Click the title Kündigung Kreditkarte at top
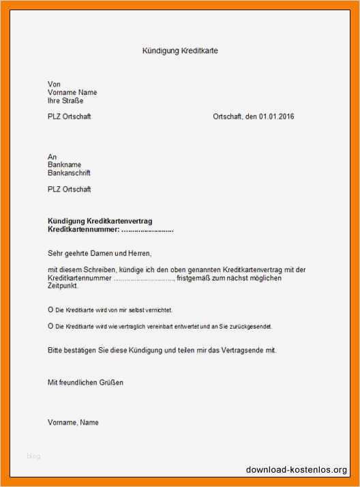tap(180, 51)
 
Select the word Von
tap(54, 84)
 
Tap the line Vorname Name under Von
tap(72, 92)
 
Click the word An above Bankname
tap(52, 157)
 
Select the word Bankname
tap(65, 165)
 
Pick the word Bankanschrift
tap(69, 173)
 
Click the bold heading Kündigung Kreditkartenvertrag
tap(100, 222)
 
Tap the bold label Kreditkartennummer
tap(78, 230)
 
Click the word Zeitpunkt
tap(63, 286)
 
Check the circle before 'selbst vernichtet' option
tap(50, 310)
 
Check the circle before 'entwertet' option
tap(50, 326)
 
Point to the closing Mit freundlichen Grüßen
tap(86, 383)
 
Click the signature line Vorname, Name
tap(73, 422)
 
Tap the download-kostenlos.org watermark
tap(297, 470)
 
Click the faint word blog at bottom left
tap(33, 456)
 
